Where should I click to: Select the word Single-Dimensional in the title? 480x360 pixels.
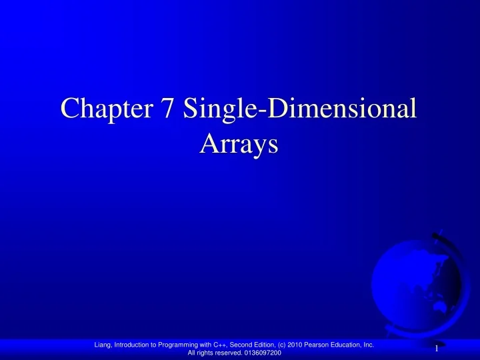(x=301, y=109)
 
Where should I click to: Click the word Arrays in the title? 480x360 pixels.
(x=238, y=143)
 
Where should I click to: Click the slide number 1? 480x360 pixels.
(x=436, y=349)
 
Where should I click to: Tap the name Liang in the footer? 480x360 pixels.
(x=104, y=345)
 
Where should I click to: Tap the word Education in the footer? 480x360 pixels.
(x=357, y=345)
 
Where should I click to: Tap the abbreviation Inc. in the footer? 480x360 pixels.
(x=379, y=345)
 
